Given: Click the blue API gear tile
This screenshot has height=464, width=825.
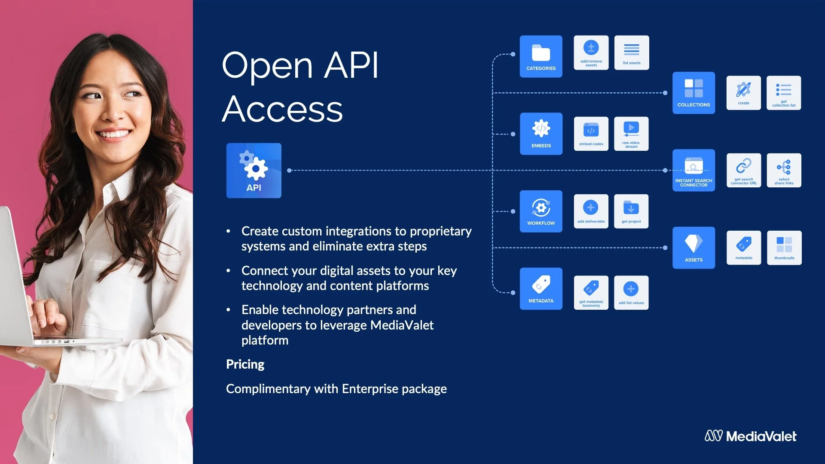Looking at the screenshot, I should (x=254, y=171).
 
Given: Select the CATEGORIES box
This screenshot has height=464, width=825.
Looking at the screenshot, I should (x=541, y=56).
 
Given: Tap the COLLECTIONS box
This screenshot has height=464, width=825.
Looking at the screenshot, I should (x=694, y=93).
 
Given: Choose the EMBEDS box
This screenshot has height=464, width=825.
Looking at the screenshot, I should (x=541, y=134).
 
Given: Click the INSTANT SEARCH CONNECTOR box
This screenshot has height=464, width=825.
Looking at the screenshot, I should (x=694, y=170).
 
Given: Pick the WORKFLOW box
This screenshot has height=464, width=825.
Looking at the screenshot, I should (x=541, y=211).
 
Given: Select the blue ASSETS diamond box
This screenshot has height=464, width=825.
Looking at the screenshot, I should (x=694, y=248).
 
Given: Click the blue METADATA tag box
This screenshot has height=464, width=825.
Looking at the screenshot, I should (x=541, y=289).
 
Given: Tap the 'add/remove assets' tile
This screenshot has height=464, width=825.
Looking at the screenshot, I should (x=591, y=52).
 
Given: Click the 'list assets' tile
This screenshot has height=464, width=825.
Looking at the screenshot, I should (x=632, y=52).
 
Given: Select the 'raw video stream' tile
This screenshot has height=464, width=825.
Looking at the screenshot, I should (x=631, y=134).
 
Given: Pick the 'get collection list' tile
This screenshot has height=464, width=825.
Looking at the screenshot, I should (x=784, y=93).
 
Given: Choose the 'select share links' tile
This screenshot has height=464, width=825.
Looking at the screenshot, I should (x=784, y=170).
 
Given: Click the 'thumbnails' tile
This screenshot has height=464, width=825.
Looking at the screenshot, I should (x=784, y=248).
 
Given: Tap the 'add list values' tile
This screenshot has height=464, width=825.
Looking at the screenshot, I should (x=631, y=293).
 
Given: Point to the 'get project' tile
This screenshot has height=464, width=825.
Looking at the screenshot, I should (x=631, y=211).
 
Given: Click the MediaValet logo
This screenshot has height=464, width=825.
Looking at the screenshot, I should (x=750, y=436).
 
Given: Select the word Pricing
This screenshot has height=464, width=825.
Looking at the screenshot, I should (x=245, y=364).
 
